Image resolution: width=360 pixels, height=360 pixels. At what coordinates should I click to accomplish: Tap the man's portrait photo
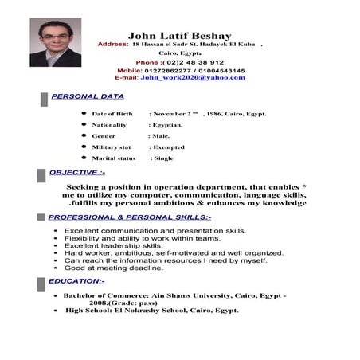[55, 43]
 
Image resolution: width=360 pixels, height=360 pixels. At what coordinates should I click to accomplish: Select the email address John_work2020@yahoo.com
[192, 78]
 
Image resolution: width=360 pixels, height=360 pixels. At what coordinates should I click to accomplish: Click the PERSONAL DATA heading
[88, 96]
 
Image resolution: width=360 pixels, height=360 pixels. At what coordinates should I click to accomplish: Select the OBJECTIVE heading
[76, 172]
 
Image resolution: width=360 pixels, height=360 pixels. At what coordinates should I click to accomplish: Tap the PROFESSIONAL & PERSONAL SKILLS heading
[129, 217]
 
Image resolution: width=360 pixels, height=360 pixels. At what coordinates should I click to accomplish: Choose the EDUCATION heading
[76, 281]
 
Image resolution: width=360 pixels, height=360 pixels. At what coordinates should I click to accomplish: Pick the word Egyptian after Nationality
[168, 125]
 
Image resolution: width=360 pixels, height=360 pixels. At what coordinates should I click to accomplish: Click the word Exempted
[168, 147]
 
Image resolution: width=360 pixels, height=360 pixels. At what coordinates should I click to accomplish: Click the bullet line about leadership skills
[113, 245]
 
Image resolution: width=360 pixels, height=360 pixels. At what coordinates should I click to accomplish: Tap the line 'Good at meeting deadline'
[113, 268]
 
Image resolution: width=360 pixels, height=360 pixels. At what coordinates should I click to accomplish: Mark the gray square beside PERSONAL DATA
[43, 98]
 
